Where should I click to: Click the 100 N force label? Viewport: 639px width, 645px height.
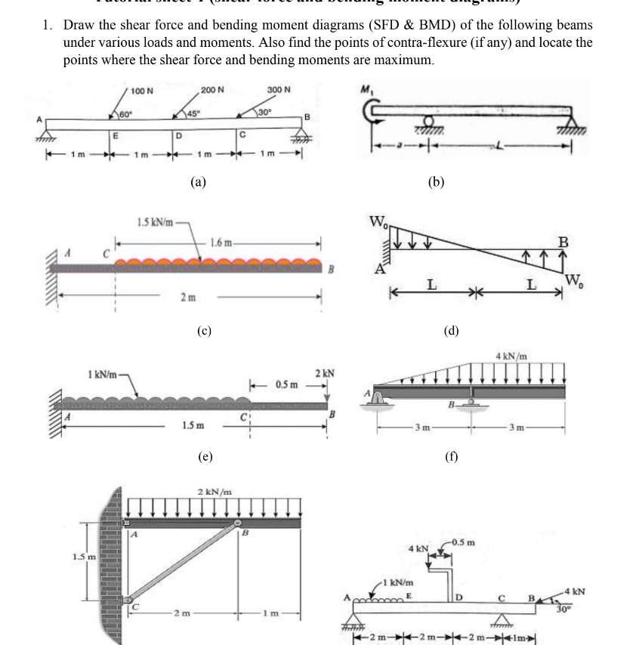pyautogui.click(x=142, y=91)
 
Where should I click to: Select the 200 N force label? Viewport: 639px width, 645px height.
pyautogui.click(x=213, y=91)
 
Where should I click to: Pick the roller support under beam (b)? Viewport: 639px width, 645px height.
pyautogui.click(x=429, y=122)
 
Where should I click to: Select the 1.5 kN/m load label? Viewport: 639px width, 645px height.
pyautogui.click(x=154, y=222)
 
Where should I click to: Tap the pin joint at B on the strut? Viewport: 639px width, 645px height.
pyautogui.click(x=239, y=523)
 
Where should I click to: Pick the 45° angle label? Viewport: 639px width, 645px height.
pyautogui.click(x=195, y=114)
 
